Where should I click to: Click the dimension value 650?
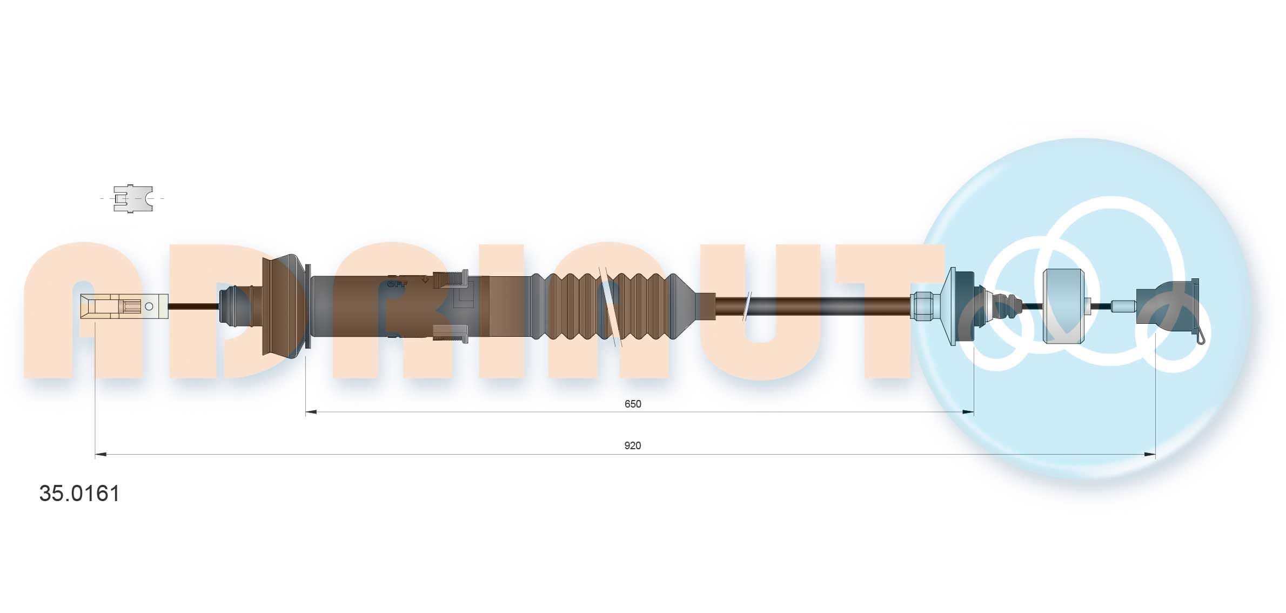(633, 404)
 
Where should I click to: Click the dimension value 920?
(633, 445)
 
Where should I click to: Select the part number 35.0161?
(79, 494)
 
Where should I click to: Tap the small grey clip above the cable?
(133, 198)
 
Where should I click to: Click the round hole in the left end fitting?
(150, 307)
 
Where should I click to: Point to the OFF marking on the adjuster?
(397, 283)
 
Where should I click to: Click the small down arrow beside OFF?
(425, 280)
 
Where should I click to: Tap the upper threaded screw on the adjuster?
(451, 279)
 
